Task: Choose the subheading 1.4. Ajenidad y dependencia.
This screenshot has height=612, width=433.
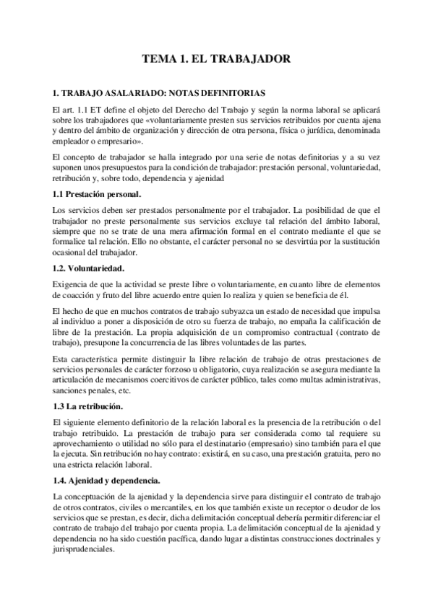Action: click(107, 481)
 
